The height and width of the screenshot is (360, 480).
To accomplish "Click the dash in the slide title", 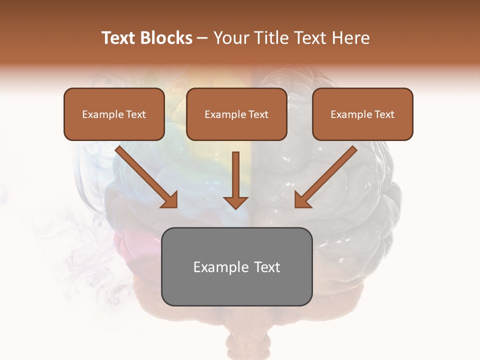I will tap(202, 38).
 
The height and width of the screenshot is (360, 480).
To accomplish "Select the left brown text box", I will tap(114, 114).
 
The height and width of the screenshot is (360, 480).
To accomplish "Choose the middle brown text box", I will tap(236, 114).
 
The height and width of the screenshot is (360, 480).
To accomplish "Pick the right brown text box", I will tap(362, 114).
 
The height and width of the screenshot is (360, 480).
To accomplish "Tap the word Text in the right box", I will tap(384, 114).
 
